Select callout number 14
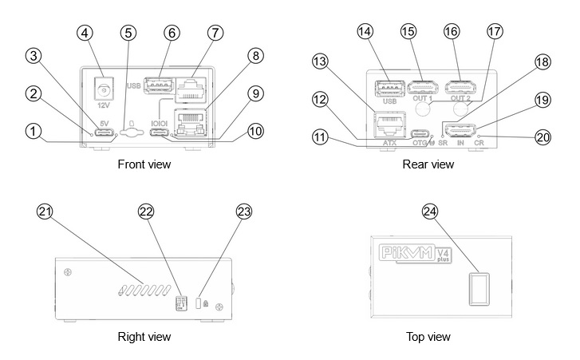point(365,31)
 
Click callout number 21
point(46,211)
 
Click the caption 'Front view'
point(144,164)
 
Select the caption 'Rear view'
point(428,164)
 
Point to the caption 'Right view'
point(144,338)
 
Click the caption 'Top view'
point(428,338)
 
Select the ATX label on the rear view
point(389,144)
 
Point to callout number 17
point(495,33)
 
